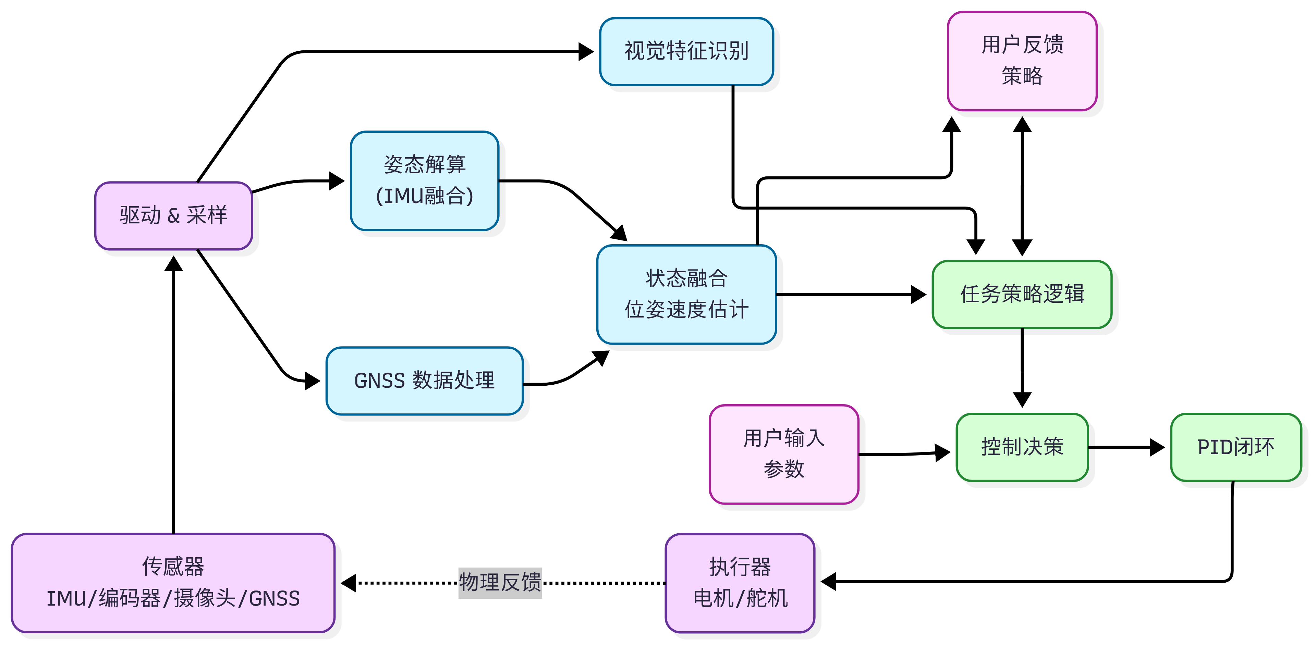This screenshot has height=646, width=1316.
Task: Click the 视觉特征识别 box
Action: click(x=686, y=51)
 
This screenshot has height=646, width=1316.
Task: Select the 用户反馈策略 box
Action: click(x=1022, y=61)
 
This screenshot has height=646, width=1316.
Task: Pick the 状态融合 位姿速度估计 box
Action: click(x=686, y=294)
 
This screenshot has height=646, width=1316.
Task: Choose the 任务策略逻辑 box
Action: click(x=1022, y=294)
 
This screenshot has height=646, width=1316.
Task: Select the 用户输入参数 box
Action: click(x=784, y=454)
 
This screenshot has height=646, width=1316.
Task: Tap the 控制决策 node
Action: click(x=1022, y=447)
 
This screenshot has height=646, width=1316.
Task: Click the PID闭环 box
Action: click(x=1235, y=447)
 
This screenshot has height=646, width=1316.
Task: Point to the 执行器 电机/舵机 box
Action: click(x=740, y=583)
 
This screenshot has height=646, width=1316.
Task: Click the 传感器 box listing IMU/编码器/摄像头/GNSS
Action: click(x=173, y=583)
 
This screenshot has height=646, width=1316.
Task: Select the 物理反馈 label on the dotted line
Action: click(x=500, y=582)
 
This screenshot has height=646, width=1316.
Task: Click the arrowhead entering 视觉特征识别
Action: click(x=586, y=52)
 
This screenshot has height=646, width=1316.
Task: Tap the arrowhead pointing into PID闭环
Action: click(x=1158, y=447)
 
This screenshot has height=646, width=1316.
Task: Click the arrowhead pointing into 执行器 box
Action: click(x=828, y=581)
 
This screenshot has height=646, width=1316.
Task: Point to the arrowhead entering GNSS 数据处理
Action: click(x=313, y=381)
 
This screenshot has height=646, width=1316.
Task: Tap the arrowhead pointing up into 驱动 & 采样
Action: click(x=174, y=263)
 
